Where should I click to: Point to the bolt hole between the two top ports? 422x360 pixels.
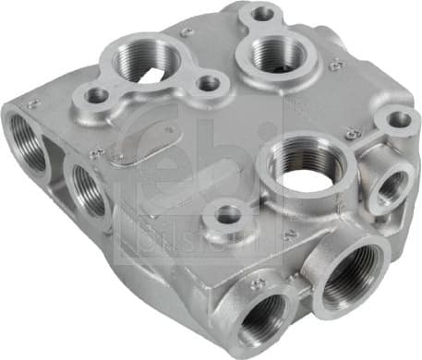[210, 83]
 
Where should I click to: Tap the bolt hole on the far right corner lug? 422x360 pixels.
[398, 119]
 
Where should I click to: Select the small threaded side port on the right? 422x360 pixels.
[388, 186]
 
